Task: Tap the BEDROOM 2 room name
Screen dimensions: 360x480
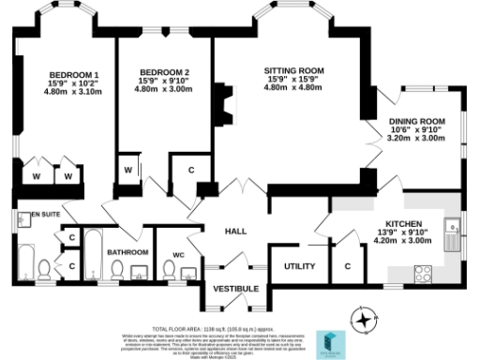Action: pos(164,72)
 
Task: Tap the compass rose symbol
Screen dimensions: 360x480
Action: pos(360,319)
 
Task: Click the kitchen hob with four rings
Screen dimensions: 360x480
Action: pos(422,273)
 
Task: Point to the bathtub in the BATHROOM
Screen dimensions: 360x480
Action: pos(94,253)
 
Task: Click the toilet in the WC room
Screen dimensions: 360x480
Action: pos(169,271)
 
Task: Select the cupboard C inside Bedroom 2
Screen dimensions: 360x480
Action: pos(190,171)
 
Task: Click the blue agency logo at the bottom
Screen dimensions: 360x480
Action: pos(329,340)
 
